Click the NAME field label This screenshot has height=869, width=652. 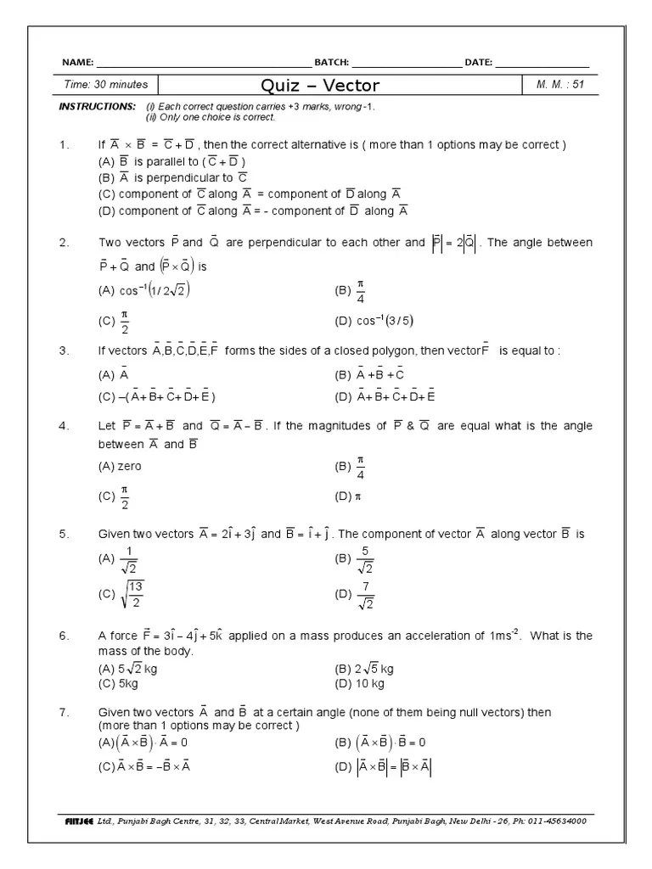click(78, 63)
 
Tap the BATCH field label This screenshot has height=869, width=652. click(331, 63)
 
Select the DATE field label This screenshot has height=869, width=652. click(478, 63)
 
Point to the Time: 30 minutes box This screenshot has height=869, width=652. click(106, 85)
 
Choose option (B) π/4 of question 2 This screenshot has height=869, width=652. click(351, 292)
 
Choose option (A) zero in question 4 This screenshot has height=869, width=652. click(121, 466)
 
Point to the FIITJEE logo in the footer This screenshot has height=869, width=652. click(78, 821)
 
